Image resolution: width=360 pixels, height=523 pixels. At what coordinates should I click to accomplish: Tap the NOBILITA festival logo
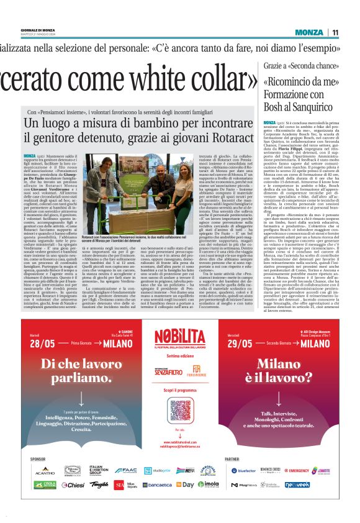(x=180, y=339)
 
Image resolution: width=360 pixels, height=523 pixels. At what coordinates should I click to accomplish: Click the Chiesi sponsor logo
(x=73, y=484)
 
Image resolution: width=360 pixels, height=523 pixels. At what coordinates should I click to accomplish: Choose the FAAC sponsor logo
(x=127, y=470)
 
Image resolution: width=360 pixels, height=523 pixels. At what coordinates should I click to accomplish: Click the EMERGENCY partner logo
(x=299, y=471)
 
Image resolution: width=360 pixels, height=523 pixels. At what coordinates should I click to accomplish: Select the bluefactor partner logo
(x=244, y=471)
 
